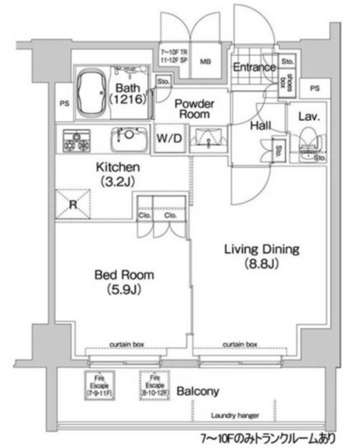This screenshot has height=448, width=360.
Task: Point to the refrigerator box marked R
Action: [x=73, y=204]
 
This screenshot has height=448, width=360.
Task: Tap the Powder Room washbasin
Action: [x=208, y=139]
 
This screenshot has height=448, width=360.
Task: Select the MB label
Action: [x=206, y=62]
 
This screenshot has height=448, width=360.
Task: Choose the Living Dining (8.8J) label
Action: [x=262, y=256]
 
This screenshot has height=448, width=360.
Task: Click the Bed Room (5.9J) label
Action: [x=124, y=282]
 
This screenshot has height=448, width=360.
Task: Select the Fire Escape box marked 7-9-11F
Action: [x=99, y=385]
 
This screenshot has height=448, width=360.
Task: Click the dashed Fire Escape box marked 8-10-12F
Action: [x=154, y=385]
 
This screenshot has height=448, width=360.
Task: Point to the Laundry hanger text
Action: [x=234, y=415]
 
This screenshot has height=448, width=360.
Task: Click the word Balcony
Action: [x=197, y=391]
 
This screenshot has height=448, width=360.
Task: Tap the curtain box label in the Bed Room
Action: [x=127, y=344]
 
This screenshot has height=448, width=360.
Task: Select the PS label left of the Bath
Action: [x=64, y=104]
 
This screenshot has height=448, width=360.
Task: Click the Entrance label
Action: [x=254, y=67]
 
